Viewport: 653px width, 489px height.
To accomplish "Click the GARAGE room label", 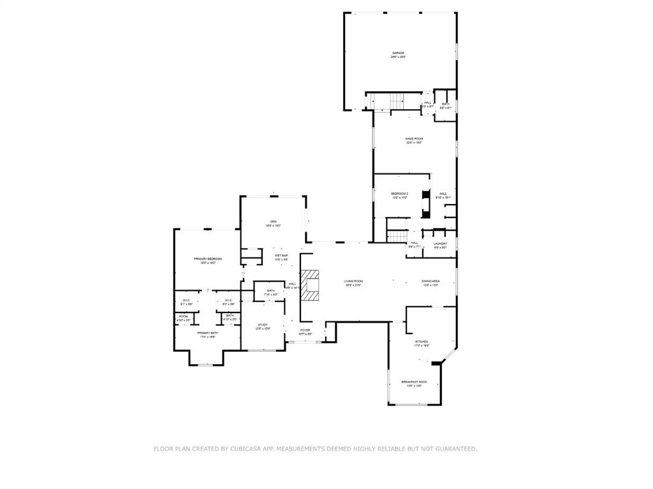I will coord(398,53).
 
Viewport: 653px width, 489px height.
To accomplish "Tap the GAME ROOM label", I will coord(415,138).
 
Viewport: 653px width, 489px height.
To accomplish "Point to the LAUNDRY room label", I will coord(440,243).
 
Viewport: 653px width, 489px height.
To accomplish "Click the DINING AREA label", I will coord(430,281).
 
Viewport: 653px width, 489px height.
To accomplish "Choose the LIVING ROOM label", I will coord(353,281).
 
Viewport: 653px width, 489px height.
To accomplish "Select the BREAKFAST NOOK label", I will coord(414,382).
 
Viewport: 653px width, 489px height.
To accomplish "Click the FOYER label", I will coord(305,330).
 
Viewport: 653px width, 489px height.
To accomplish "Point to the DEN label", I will coord(273,221).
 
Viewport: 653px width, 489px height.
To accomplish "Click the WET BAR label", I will coord(281,255).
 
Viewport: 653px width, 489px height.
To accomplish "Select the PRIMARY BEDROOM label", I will coord(208,258).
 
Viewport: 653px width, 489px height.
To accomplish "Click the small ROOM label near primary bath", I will coord(183,316).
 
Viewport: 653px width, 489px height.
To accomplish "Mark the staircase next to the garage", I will coord(397,101).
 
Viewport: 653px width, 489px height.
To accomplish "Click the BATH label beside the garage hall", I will coord(445,104).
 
